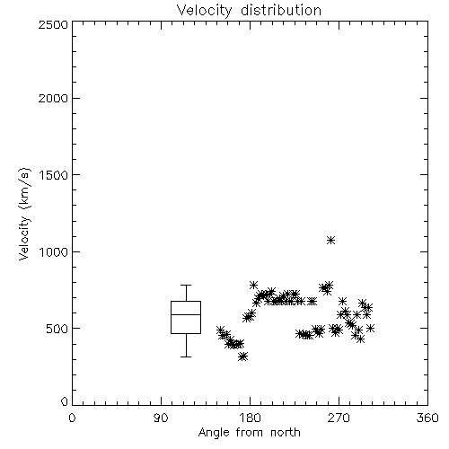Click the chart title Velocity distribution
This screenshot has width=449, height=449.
(x=249, y=10)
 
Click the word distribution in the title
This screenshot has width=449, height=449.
(x=281, y=10)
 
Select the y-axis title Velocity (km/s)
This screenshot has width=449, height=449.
(x=24, y=214)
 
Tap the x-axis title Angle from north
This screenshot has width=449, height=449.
(x=249, y=432)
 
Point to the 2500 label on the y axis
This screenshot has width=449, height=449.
(x=53, y=24)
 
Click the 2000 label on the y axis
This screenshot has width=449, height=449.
(x=53, y=98)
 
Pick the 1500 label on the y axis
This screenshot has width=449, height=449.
(x=54, y=175)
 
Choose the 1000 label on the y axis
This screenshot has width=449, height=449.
(x=54, y=252)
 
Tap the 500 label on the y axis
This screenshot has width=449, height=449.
(x=57, y=329)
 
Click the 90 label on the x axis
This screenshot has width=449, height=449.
(x=161, y=418)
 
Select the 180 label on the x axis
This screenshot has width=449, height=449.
(x=250, y=418)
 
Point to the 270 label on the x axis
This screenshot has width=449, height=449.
(x=339, y=418)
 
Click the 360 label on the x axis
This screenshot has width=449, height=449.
(x=427, y=418)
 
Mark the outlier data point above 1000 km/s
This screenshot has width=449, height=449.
(x=330, y=240)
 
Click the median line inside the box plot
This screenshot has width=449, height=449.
(x=186, y=314)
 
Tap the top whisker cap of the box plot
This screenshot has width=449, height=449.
(x=186, y=285)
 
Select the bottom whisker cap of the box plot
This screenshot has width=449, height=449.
(x=186, y=357)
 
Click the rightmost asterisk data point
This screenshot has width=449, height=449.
(x=371, y=329)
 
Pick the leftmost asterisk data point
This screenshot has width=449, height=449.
(x=220, y=330)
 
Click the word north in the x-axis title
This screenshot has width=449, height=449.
(x=286, y=432)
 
